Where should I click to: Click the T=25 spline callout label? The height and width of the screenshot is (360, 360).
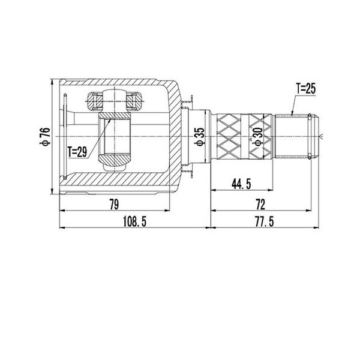(x=306, y=89)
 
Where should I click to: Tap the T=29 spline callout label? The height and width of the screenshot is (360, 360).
(x=77, y=152)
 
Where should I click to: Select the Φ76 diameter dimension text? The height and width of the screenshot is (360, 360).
(x=45, y=137)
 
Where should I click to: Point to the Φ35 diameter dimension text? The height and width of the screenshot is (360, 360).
(x=199, y=137)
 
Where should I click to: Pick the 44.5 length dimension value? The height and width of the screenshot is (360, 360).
(x=241, y=184)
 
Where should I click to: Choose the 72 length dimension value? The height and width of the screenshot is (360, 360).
(x=260, y=205)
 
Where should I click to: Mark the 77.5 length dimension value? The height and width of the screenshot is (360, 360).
(x=264, y=222)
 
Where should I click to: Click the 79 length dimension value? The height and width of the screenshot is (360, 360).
(x=114, y=205)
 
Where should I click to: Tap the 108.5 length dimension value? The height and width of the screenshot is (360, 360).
(x=134, y=222)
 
